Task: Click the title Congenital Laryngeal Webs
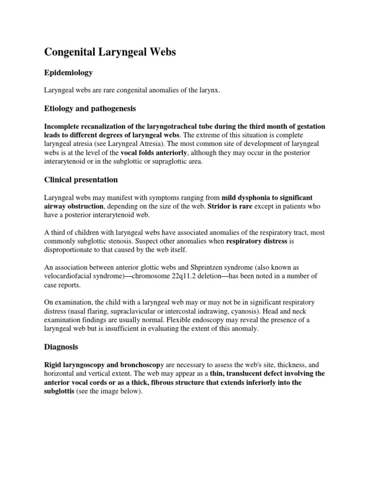click(x=110, y=52)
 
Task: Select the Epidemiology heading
click(x=68, y=73)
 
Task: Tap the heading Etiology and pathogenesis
click(x=90, y=108)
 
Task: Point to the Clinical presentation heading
click(x=81, y=180)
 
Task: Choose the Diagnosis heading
click(x=62, y=347)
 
